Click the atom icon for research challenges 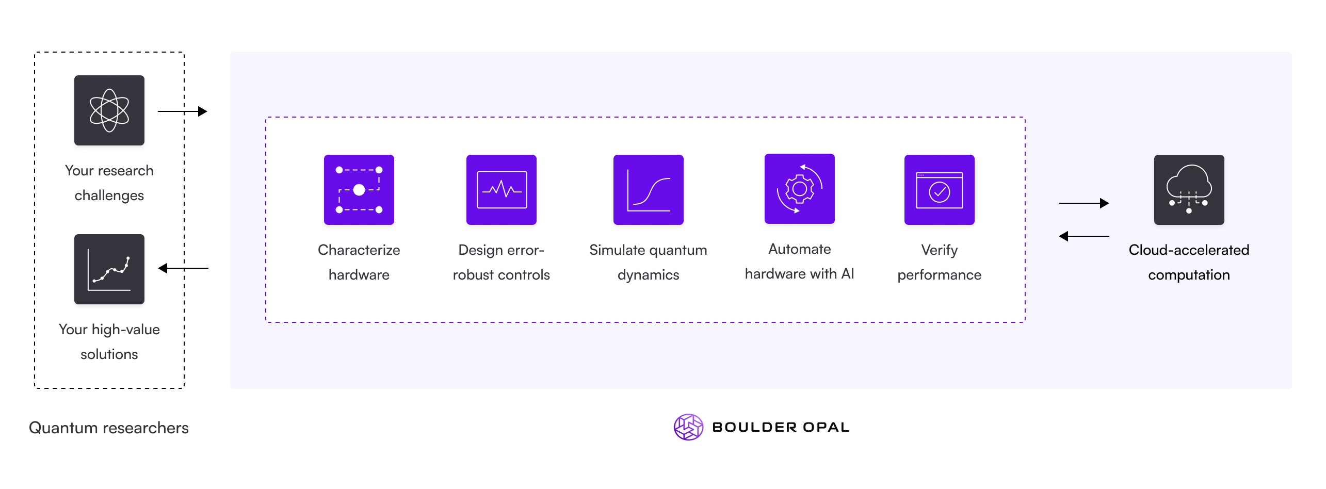[109, 110]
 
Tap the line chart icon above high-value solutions [109, 269]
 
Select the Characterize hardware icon [359, 190]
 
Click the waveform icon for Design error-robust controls [501, 190]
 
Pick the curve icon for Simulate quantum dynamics [648, 190]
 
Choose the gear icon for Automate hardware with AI [799, 189]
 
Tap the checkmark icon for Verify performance [939, 190]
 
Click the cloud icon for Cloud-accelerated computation [1189, 190]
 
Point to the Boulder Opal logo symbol [688, 427]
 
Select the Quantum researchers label [109, 428]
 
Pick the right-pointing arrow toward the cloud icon [1084, 203]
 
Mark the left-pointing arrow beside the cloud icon [1084, 236]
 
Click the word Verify [939, 250]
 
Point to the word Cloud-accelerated [1189, 250]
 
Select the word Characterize [359, 250]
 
